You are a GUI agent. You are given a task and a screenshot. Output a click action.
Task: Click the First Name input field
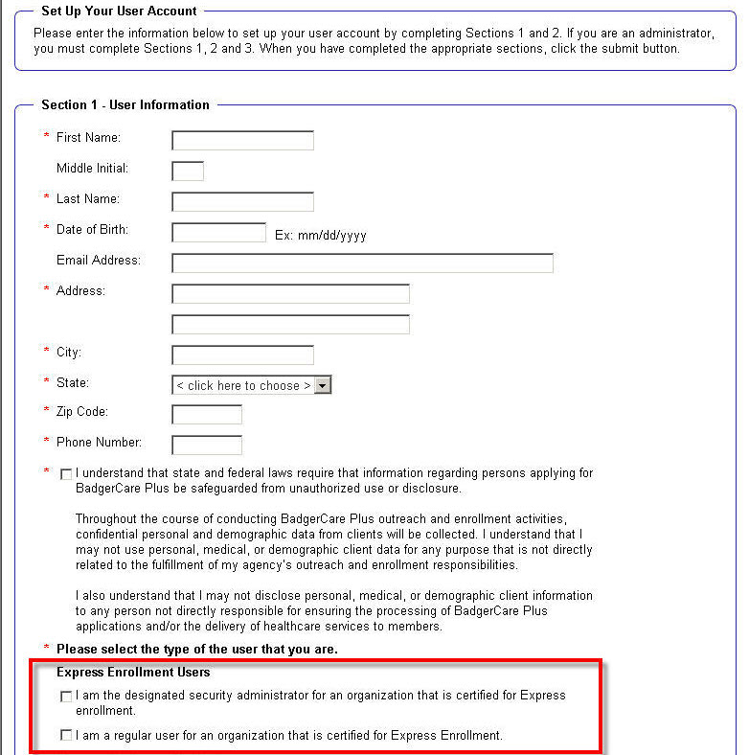[242, 141]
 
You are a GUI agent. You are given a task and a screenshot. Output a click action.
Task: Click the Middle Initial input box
[188, 172]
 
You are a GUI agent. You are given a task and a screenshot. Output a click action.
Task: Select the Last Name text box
[242, 202]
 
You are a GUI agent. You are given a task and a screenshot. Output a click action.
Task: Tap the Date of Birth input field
[218, 233]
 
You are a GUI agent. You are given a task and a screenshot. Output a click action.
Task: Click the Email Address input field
[362, 263]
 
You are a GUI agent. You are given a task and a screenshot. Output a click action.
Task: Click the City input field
[242, 355]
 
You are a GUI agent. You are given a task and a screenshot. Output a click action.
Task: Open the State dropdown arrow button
[323, 385]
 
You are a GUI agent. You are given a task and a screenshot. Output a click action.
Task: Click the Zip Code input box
[207, 415]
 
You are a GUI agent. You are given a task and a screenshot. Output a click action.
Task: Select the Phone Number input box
[207, 446]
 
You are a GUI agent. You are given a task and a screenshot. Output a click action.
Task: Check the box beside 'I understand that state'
[66, 474]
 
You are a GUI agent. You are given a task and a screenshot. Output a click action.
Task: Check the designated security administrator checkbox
[66, 697]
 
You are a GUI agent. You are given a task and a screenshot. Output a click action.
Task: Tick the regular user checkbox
[66, 736]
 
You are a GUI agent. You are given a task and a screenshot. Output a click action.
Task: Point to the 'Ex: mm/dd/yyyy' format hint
[321, 235]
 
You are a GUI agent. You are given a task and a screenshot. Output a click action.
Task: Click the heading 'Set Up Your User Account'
[119, 11]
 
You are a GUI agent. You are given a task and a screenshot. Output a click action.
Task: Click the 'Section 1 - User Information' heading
[125, 104]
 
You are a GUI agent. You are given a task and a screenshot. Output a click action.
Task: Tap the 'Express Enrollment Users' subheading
[133, 673]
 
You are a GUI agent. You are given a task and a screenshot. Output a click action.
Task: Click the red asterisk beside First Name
[46, 138]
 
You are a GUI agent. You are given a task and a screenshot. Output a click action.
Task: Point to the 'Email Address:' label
[99, 261]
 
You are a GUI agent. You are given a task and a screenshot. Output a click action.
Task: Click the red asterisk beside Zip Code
[46, 412]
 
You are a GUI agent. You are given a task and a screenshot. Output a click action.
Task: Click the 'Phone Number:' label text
[99, 443]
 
